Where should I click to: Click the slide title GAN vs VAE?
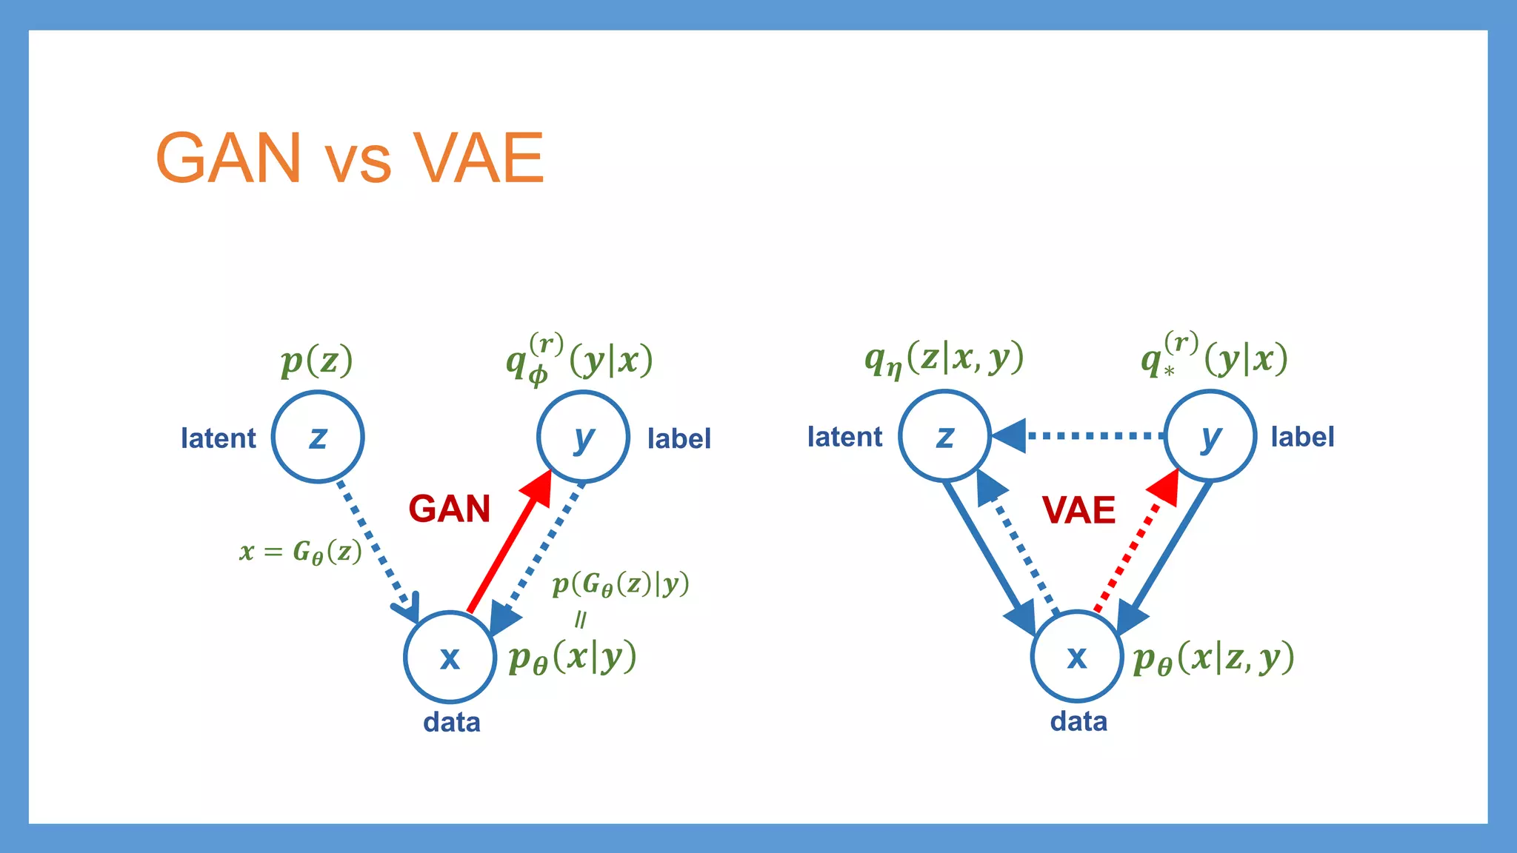click(x=350, y=158)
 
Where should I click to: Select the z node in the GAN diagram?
click(x=318, y=437)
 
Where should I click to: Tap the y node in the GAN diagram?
click(x=583, y=437)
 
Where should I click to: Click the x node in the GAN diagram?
click(x=450, y=657)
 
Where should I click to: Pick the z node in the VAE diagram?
click(x=944, y=435)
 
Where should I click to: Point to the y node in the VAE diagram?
click(x=1210, y=435)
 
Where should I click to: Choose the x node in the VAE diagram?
click(x=1077, y=656)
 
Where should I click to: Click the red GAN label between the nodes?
click(x=450, y=509)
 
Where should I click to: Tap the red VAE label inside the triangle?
click(x=1078, y=510)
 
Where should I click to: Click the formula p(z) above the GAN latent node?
click(x=316, y=361)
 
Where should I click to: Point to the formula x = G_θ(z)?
click(x=301, y=552)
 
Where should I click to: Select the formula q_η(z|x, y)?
click(x=944, y=359)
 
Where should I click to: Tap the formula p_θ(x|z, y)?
click(x=1213, y=658)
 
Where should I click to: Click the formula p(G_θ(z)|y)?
click(x=621, y=585)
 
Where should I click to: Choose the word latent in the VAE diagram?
click(x=844, y=437)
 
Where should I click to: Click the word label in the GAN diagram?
click(x=679, y=438)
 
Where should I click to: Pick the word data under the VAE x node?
click(x=1078, y=721)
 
